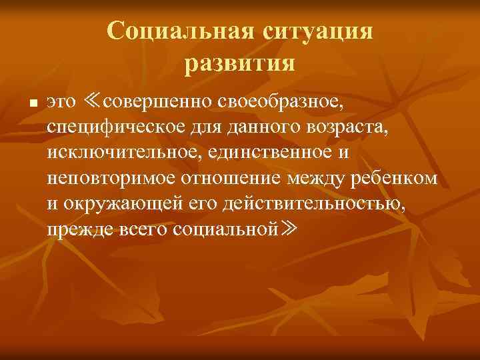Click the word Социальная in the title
point(177,31)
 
